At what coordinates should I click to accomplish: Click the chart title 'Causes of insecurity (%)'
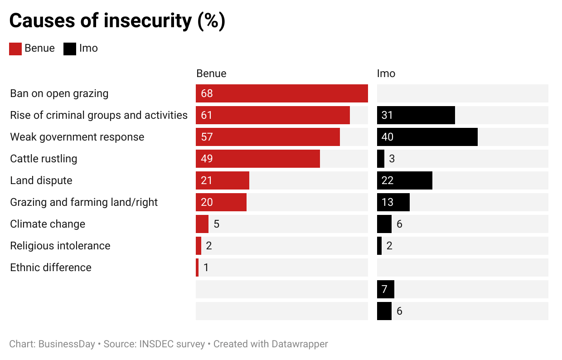[x=117, y=21]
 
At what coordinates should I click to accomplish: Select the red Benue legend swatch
[x=15, y=49]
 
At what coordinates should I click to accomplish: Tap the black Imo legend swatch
[x=70, y=49]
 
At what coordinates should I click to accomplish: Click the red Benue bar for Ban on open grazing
[x=281, y=93]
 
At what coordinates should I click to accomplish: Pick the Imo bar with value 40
[x=427, y=137]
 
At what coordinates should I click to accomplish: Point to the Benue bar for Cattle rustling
[x=257, y=159]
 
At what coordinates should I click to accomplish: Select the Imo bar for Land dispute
[x=404, y=180]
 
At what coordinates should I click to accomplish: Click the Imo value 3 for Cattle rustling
[x=392, y=159]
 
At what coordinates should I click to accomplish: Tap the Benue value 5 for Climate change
[x=216, y=224]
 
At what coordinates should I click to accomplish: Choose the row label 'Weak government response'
[x=77, y=137]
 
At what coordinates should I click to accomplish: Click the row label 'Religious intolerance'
[x=60, y=246]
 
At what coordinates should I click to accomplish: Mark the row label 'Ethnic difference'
[x=51, y=268]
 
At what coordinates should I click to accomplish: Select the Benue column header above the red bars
[x=211, y=73]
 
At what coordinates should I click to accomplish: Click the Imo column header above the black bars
[x=386, y=73]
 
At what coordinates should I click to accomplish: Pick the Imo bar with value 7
[x=385, y=289]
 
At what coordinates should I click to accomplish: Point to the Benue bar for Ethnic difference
[x=197, y=268]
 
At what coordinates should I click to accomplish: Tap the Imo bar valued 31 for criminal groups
[x=416, y=115]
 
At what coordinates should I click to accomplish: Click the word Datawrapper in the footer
[x=300, y=344]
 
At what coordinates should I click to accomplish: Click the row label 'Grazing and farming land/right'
[x=84, y=202]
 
